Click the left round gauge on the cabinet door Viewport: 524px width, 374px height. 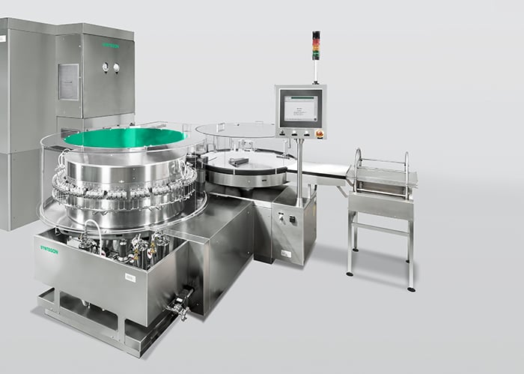[x=106, y=67]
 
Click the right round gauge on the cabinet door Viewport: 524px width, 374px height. [x=117, y=67]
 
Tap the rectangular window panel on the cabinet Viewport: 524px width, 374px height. [x=69, y=81]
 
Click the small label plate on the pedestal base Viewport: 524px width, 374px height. [x=286, y=253]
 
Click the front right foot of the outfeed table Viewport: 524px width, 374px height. [x=410, y=288]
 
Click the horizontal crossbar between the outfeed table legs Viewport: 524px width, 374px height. [x=382, y=225]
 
